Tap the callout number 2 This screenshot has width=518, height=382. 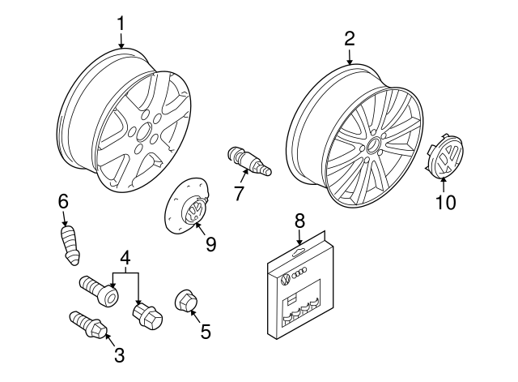coord(350,37)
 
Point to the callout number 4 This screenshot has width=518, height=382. coord(125,259)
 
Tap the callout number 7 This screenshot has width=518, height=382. coord(238,192)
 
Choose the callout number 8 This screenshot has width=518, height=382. coord(299,219)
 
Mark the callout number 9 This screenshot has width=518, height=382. coord(210,243)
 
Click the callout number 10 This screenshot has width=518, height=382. coord(446,200)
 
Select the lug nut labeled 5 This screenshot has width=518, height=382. coord(185,302)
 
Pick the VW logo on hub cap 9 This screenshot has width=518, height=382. coord(195,212)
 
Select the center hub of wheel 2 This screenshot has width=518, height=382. coord(374,147)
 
